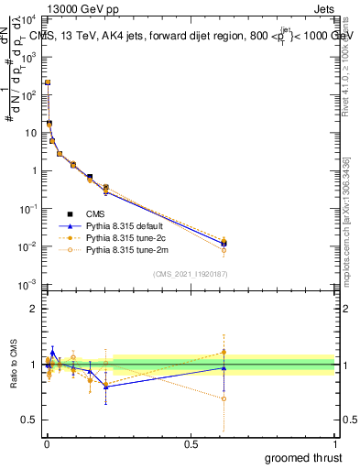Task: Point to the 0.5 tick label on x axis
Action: (191, 443)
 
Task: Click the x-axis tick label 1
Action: (334, 443)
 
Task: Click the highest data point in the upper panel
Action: (48, 82)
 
